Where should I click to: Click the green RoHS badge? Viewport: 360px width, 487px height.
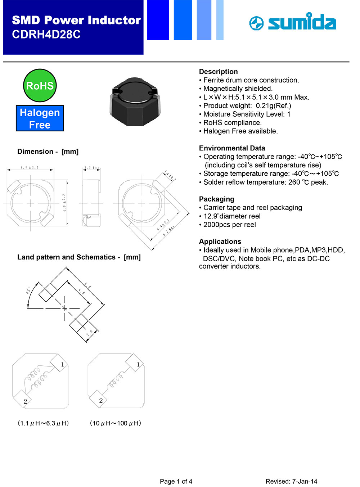coord(40,86)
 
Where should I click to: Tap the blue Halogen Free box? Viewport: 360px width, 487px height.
coord(40,118)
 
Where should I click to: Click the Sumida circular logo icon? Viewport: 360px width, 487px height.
coord(256,23)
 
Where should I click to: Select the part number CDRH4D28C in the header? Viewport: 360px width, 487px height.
coord(46,35)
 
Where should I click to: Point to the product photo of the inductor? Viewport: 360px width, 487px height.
coord(134,101)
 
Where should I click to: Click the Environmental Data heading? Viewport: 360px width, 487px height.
coord(232,148)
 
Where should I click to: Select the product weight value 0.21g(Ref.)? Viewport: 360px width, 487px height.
coord(273,106)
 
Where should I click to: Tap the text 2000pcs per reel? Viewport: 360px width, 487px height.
coord(229,225)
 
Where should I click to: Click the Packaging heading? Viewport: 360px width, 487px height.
coord(216,199)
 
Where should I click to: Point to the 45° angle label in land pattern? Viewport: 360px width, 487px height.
coord(28,290)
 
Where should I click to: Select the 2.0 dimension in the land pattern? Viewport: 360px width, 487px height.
coord(89,333)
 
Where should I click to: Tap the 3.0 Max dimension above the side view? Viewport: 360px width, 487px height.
coord(91,168)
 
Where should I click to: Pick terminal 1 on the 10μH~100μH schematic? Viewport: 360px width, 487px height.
coord(138,365)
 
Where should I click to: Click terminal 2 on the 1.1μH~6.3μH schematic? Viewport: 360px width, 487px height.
coord(25,401)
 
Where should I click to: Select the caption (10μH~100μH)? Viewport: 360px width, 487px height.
coord(115,423)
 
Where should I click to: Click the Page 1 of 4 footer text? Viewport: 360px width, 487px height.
coord(176,481)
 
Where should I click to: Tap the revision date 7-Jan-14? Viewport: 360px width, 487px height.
coord(305,481)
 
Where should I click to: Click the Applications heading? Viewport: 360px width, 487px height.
coord(220,242)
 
